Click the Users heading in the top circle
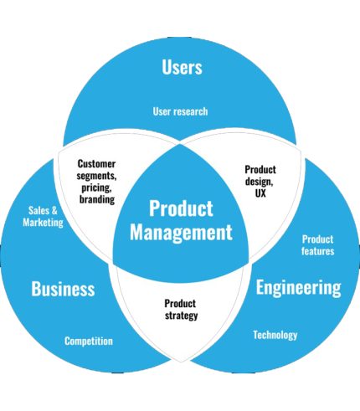tap(182, 67)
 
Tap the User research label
tap(180, 111)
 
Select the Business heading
tap(63, 289)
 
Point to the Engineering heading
tap(298, 288)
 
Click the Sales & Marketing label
tap(43, 217)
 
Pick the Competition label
tap(89, 341)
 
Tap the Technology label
tap(275, 335)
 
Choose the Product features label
tap(318, 245)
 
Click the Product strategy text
tap(181, 310)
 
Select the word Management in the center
tap(181, 232)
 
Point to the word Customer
tap(96, 163)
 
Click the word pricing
tap(96, 188)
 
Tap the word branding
tap(97, 199)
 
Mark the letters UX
tap(260, 193)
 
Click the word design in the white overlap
tap(260, 182)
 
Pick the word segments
tap(96, 176)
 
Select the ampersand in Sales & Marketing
tap(54, 210)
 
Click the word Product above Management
tap(181, 208)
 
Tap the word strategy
tap(182, 316)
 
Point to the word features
tap(318, 251)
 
